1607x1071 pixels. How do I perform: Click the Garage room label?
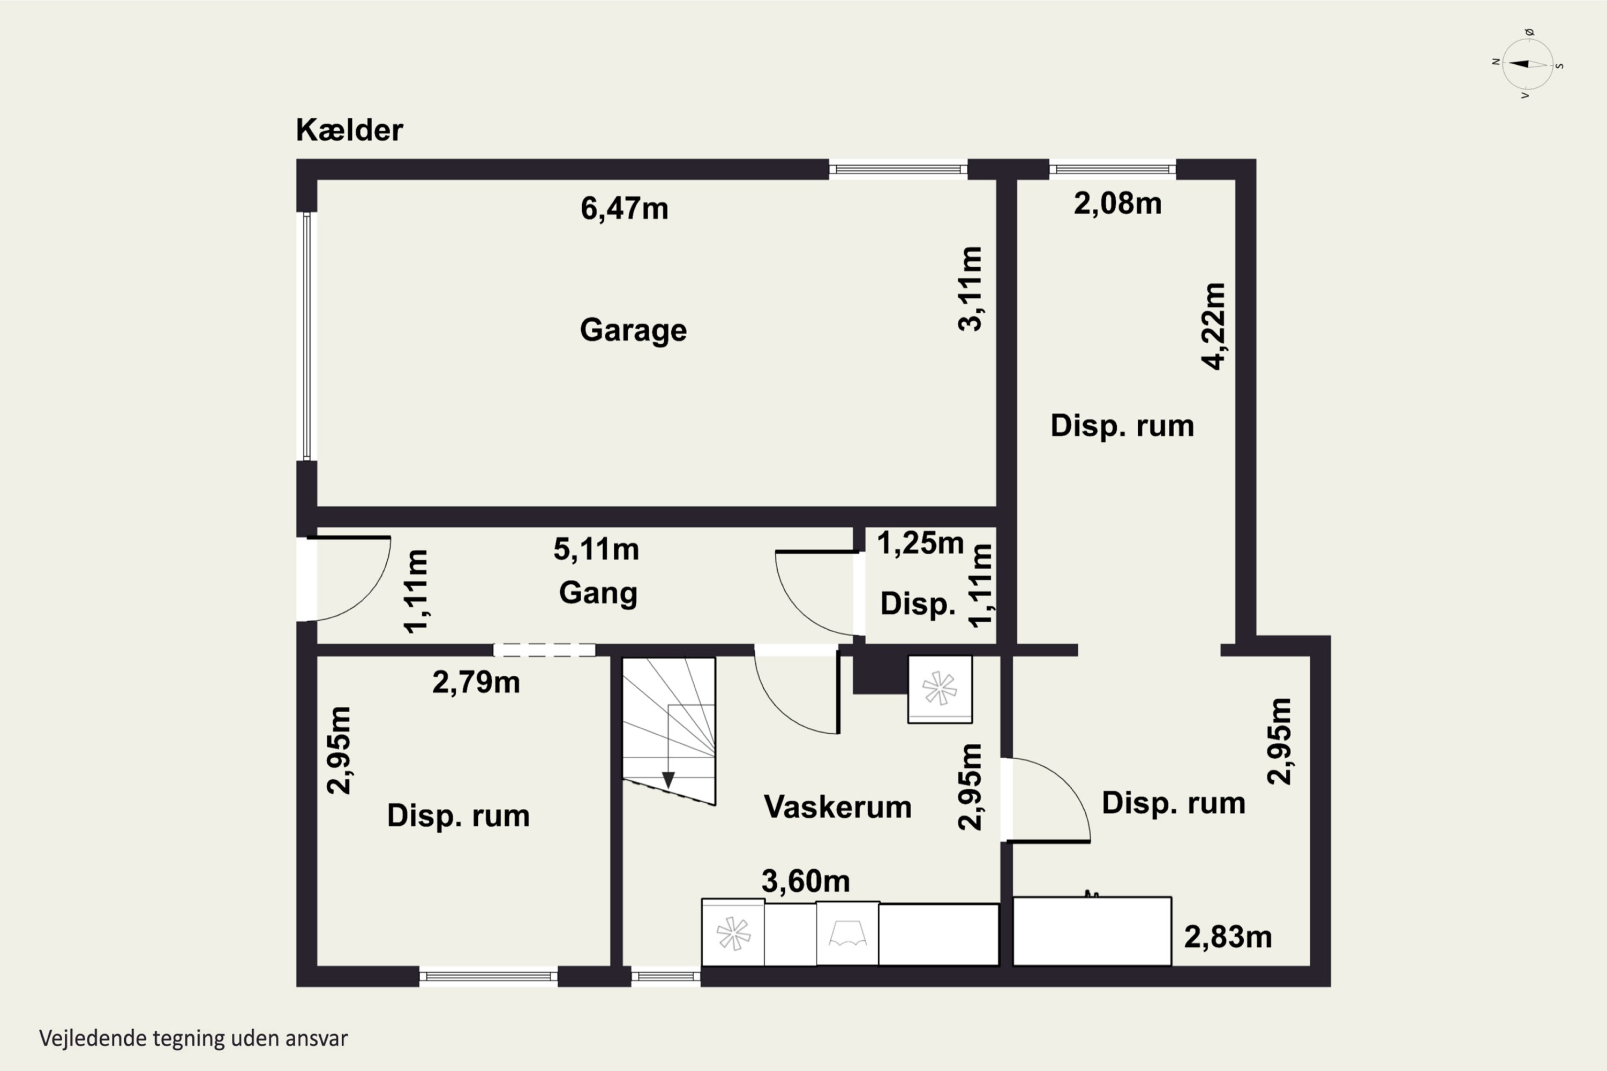[633, 330]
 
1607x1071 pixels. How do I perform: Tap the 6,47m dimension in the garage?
[624, 208]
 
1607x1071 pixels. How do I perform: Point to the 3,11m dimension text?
[970, 289]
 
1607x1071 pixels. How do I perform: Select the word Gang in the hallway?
[598, 592]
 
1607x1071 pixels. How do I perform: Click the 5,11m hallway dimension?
[596, 549]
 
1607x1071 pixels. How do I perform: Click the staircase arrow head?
[668, 779]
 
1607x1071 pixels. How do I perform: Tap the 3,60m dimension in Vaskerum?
[806, 881]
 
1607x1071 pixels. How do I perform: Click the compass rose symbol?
[1528, 64]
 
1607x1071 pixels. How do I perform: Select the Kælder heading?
[349, 130]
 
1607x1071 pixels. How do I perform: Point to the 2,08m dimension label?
[1117, 203]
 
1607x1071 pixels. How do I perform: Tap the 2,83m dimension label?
[1228, 937]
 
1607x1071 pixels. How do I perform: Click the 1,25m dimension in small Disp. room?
[920, 544]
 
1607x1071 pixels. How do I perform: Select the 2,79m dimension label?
[476, 682]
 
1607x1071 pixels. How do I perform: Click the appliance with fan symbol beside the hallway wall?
[940, 689]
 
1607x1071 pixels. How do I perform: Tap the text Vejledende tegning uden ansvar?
[193, 1038]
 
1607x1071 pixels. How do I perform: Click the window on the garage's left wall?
[307, 336]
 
